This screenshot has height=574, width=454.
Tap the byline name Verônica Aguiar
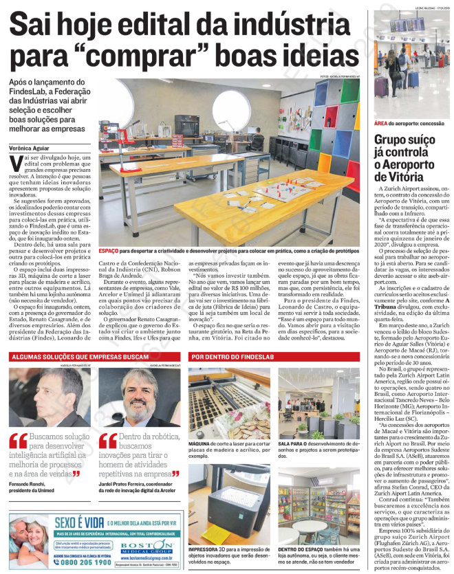(x=34, y=147)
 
